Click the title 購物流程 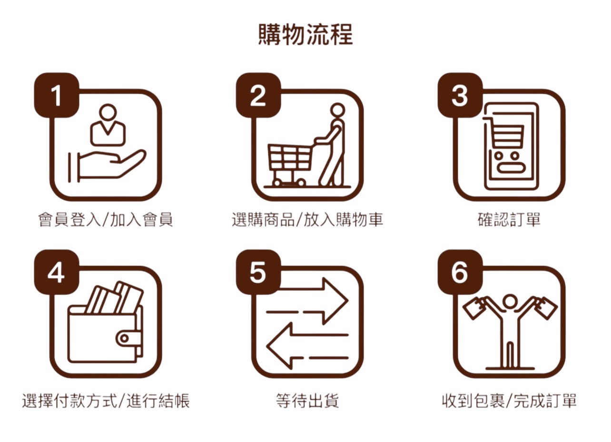305,35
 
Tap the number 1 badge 57,95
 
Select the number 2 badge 258,95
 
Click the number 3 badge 460,95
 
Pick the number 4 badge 57,272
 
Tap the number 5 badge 258,272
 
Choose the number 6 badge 460,272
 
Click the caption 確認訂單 509,219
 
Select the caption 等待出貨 307,401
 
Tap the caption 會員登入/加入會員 106,219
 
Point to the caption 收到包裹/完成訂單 509,401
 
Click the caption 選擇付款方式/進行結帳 106,401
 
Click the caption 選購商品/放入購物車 307,219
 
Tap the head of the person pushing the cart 338,110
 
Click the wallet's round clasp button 124,338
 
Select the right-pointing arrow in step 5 307,301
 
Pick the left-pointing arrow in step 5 307,346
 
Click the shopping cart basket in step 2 289,157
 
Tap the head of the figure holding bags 510,302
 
